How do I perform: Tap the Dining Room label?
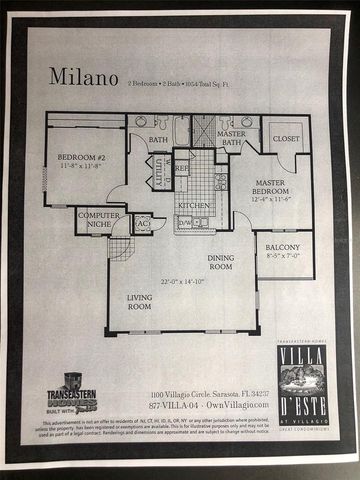(221, 262)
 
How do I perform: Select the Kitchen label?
(194, 205)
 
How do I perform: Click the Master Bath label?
(231, 138)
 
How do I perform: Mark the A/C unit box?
(143, 224)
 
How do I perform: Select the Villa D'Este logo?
(303, 384)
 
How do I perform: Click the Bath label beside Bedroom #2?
(159, 140)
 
